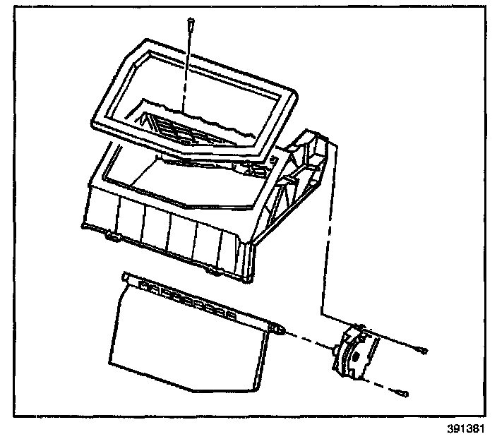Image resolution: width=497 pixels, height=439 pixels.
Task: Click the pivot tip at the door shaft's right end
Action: pyautogui.click(x=281, y=330)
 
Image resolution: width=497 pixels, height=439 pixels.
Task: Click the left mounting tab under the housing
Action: pyautogui.click(x=110, y=243)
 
